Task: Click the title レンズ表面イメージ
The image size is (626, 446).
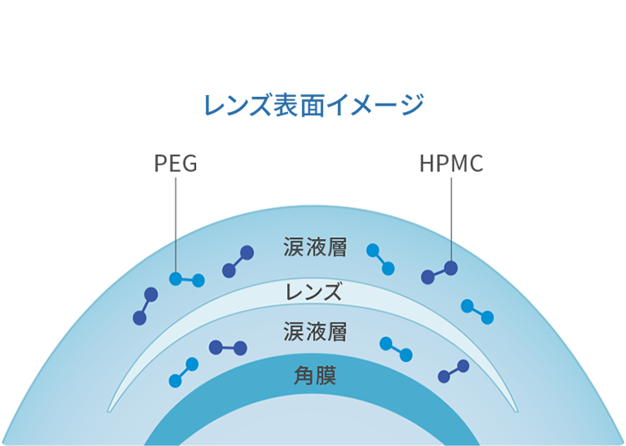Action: pos(314,105)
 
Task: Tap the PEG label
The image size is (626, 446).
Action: pos(175,163)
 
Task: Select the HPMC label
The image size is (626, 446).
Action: pos(451,163)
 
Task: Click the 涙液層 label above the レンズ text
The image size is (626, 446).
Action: pos(315,248)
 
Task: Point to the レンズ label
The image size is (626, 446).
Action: pos(314,292)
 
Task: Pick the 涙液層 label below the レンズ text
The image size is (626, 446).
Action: pos(315,332)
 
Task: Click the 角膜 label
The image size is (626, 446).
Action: pos(315,374)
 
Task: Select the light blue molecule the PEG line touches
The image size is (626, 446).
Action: pos(187,280)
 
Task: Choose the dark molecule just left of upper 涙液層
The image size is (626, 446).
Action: pos(238,261)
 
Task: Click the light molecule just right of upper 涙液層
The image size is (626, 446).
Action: pos(380,259)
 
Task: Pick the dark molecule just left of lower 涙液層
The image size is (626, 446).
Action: pos(228,347)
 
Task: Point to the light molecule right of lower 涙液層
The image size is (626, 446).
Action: pos(396,349)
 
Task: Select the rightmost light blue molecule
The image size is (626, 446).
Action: pos(477,312)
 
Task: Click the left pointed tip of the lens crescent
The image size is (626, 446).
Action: pos(109,410)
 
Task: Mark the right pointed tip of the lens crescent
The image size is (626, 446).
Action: pos(517,410)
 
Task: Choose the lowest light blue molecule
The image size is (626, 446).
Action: pos(184,373)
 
